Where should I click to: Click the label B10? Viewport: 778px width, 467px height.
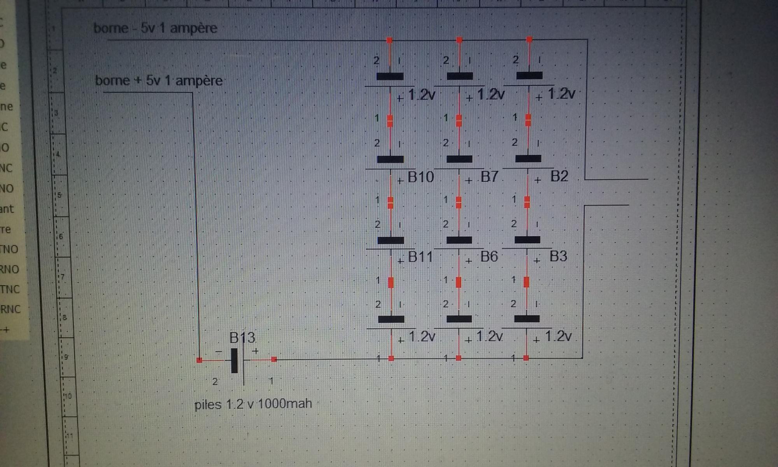point(421,177)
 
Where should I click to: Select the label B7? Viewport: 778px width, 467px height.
point(489,177)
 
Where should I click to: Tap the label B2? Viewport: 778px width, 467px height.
point(559,176)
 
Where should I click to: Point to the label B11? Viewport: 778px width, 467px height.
point(420,257)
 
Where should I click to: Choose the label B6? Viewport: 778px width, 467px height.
point(489,256)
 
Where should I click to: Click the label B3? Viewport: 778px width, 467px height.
point(558,256)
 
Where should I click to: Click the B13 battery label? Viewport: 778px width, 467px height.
point(242,338)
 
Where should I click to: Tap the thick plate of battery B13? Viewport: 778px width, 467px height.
point(234,361)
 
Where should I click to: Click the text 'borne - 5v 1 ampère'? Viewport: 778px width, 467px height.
point(155,28)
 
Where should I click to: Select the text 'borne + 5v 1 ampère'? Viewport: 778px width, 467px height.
point(159,81)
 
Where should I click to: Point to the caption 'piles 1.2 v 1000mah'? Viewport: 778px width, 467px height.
point(253,404)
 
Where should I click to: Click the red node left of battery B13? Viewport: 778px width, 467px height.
point(200,360)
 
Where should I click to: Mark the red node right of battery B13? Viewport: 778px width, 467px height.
point(274,360)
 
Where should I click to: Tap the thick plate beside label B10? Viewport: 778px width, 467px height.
point(390,159)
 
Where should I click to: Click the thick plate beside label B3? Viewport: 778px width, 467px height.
point(527,240)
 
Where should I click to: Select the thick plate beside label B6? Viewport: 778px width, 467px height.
point(459,240)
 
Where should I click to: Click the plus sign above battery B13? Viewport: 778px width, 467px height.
point(255,351)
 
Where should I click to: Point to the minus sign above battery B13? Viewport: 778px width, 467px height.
point(219,352)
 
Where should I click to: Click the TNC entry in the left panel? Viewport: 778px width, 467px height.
point(10,289)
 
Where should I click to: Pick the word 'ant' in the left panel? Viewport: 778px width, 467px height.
point(7,209)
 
